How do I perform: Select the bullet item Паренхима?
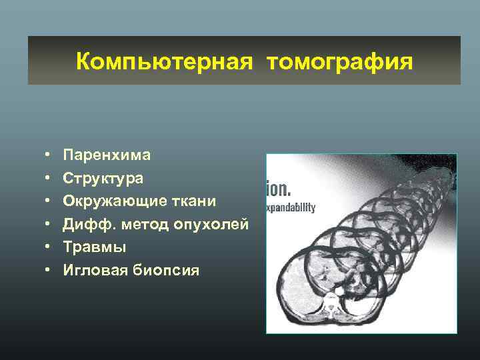[x=107, y=155]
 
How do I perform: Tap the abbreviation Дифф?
[x=83, y=224]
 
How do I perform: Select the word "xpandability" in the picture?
[x=291, y=207]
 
